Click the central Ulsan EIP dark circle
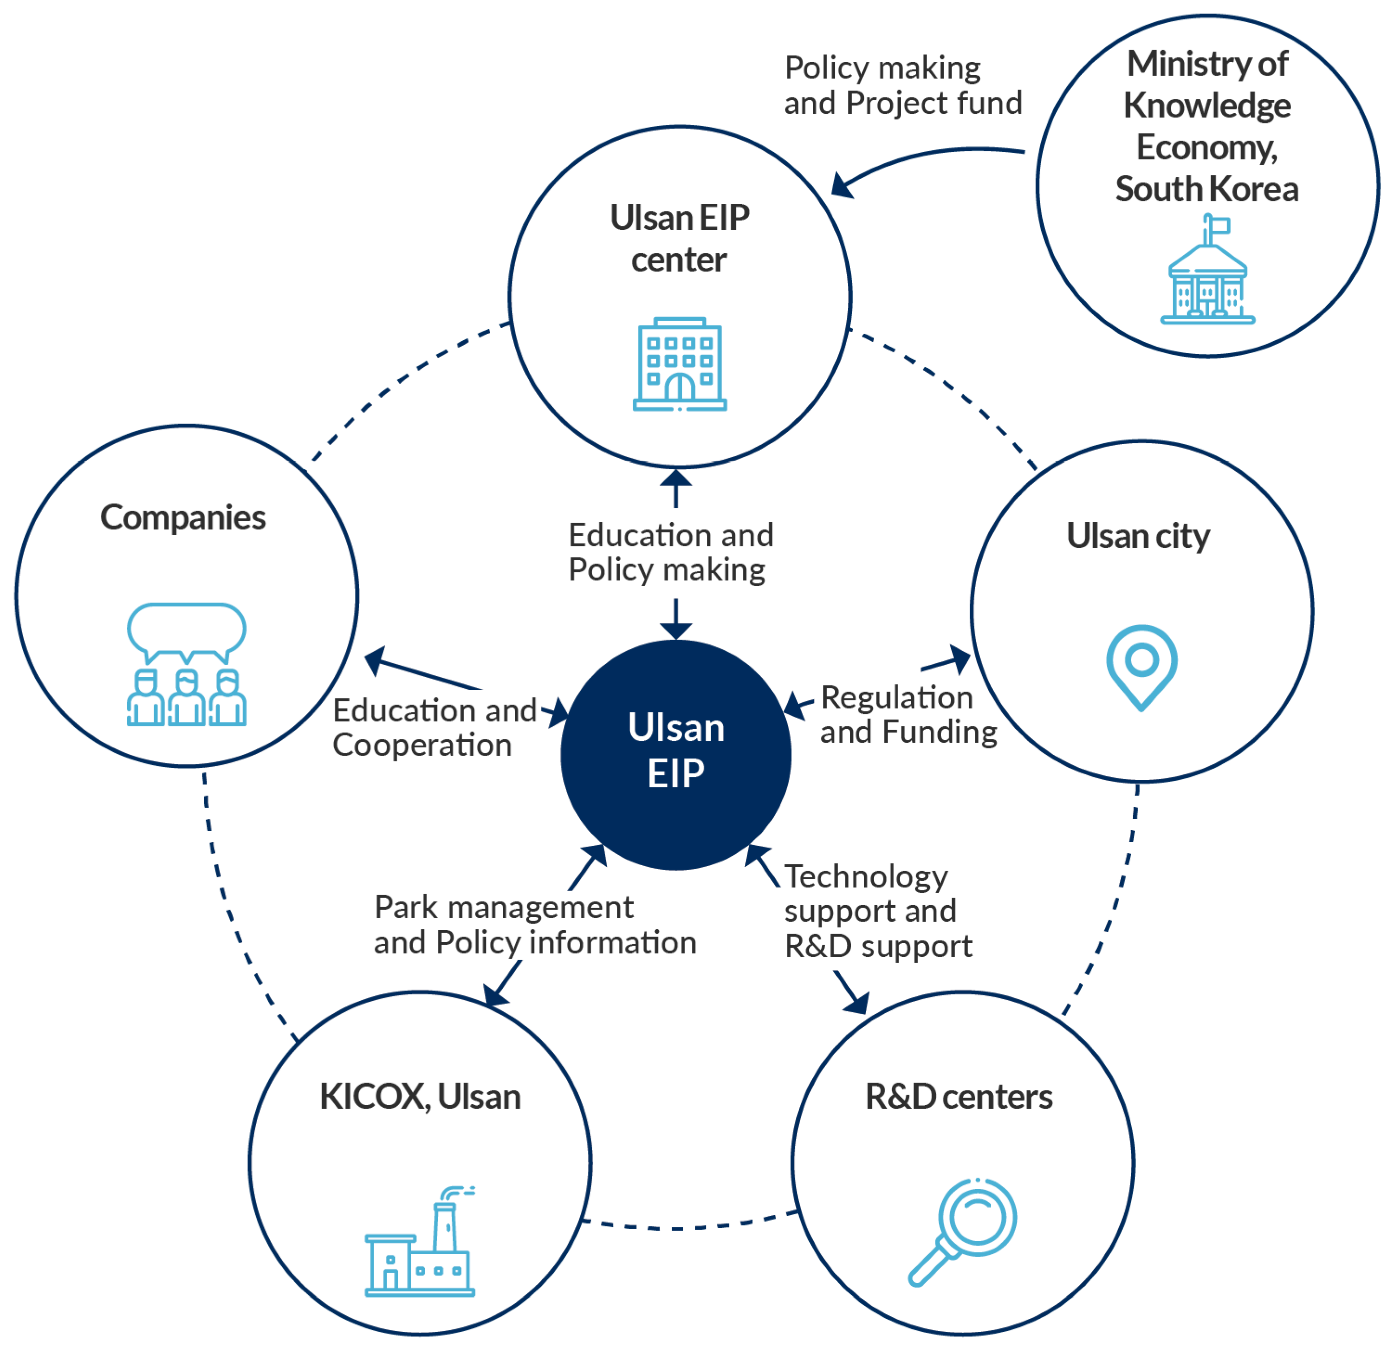coord(676,754)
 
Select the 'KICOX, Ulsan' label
coord(420,1097)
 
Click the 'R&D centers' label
coord(959,1097)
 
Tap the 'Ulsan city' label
coord(1138,536)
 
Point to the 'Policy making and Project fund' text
coord(902,85)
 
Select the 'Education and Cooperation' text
coord(434,728)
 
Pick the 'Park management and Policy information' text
coord(535,925)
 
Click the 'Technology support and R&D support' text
coord(877,911)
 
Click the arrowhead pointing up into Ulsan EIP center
coord(676,478)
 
